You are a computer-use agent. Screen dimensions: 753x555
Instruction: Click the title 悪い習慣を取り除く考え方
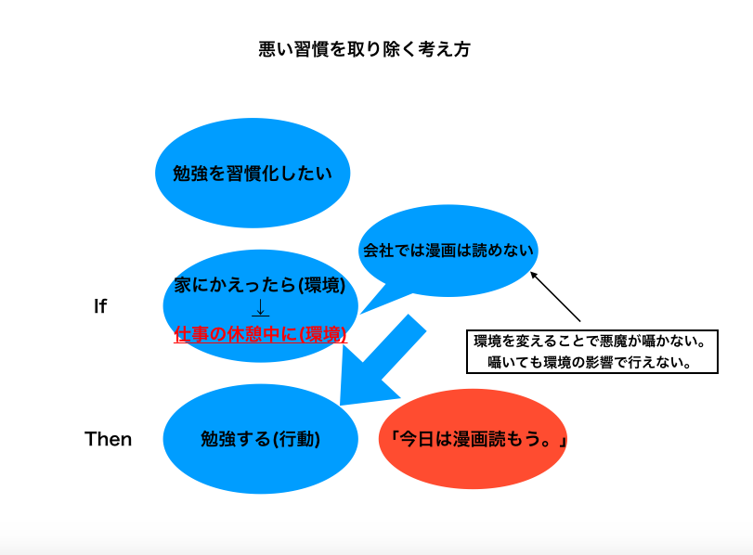coord(365,49)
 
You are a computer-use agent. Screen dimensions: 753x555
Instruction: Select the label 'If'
coord(100,306)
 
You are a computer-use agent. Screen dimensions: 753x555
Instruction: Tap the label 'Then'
coord(108,439)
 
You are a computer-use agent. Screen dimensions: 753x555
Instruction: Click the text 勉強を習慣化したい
coord(253,174)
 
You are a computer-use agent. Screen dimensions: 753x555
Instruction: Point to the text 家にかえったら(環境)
coord(260,285)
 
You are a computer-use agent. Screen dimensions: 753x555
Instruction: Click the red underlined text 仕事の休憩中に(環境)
coord(260,334)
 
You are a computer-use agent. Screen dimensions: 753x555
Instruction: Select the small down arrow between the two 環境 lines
coord(260,308)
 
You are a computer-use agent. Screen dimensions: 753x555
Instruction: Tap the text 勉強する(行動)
coord(260,439)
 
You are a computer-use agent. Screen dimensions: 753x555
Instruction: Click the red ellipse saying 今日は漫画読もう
coord(473,439)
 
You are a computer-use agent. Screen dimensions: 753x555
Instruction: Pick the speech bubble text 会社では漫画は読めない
coord(448,251)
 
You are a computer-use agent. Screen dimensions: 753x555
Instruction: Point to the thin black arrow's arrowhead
coord(533,275)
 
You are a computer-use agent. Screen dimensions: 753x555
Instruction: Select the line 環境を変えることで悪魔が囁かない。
coord(591,342)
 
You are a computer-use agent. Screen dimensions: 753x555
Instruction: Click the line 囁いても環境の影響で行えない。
coord(591,362)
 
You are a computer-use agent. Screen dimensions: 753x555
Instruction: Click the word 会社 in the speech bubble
coord(378,251)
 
